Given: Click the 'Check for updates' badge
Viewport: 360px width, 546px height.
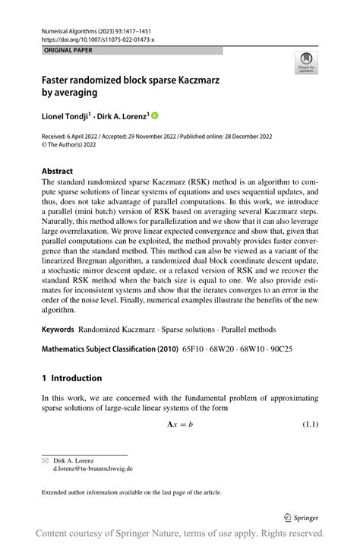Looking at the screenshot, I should tap(306, 63).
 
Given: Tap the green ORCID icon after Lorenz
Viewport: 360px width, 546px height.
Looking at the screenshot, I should tap(156, 116).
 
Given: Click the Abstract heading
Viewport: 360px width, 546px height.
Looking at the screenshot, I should tap(58, 171).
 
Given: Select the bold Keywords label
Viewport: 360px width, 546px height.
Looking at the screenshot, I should tap(58, 330).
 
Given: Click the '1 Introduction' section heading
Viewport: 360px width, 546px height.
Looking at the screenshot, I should tap(71, 378).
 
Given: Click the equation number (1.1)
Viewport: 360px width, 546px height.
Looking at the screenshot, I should tap(306, 424).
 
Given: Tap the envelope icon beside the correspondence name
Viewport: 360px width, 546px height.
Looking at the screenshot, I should tap(45, 460).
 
